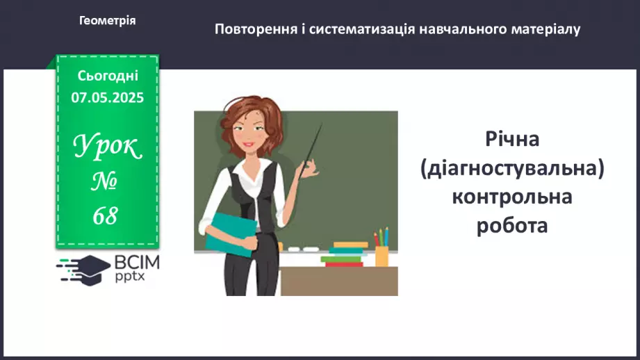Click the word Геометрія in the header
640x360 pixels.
(108, 21)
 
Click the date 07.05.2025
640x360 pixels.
(108, 98)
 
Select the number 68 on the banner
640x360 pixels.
(106, 216)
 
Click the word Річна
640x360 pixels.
(513, 138)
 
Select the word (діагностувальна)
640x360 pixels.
(513, 167)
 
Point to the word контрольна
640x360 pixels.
(513, 197)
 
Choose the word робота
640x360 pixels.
(513, 226)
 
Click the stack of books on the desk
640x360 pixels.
(345, 254)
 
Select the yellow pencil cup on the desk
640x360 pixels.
(381, 256)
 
